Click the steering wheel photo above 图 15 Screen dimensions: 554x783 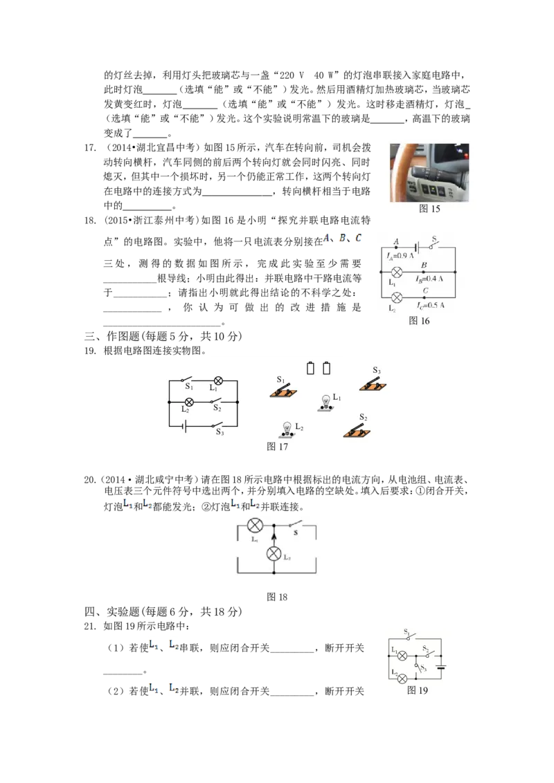click(429, 173)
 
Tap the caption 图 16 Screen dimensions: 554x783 click(419, 320)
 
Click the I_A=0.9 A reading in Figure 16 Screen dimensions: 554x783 click(400, 256)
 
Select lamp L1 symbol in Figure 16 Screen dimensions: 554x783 click(397, 272)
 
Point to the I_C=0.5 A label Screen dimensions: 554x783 click(431, 305)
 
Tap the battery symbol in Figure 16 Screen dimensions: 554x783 click(416, 247)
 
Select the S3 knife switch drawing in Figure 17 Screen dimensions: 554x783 click(373, 384)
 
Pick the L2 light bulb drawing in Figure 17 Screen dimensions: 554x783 click(287, 430)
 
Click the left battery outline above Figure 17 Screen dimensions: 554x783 click(310, 368)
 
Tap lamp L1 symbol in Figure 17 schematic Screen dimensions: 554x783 click(218, 381)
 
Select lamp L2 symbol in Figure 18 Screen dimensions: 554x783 click(274, 553)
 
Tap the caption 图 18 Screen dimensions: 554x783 click(277, 597)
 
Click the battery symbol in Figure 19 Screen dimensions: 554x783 click(441, 667)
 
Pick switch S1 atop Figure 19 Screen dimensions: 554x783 click(410, 636)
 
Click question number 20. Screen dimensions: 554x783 click(90, 480)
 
